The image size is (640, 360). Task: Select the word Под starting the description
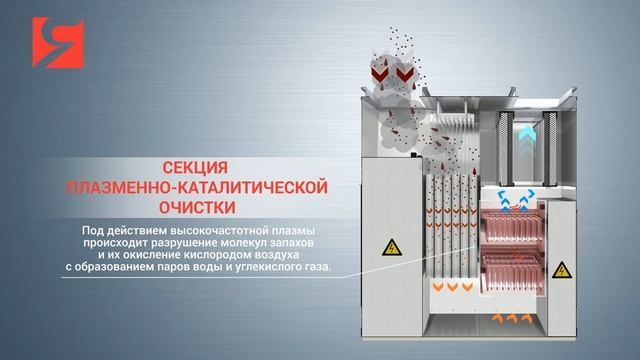[x=95, y=232]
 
